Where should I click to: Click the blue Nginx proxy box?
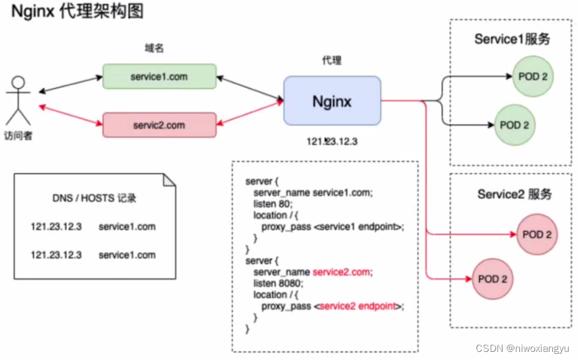coord(332,100)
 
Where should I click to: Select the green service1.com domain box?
coord(159,77)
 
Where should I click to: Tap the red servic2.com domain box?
coord(159,125)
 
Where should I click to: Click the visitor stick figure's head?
coord(18,82)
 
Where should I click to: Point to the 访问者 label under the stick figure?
coord(18,137)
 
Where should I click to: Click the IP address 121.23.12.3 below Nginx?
coord(332,142)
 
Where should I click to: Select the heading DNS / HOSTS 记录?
coord(94,198)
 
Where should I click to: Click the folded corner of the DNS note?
coord(169,180)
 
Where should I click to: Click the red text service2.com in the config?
coord(341,272)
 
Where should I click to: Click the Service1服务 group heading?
coord(512,39)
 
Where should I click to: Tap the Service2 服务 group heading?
coord(514,194)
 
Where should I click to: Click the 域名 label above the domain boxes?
coord(153,48)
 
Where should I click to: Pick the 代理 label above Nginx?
coord(331,61)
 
